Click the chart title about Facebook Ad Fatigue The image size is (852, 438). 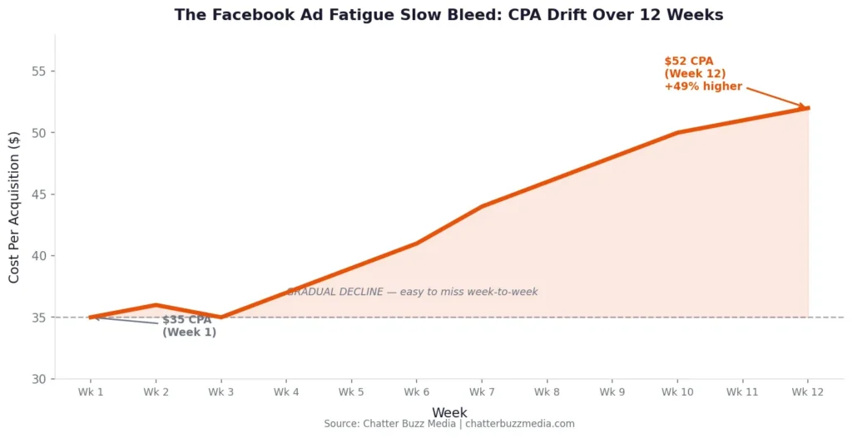[448, 15]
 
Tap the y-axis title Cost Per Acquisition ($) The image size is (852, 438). [14, 207]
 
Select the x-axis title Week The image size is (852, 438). [449, 412]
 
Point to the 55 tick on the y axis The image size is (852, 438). [38, 71]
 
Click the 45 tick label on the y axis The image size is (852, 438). [38, 194]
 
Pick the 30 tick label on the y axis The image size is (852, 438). [38, 379]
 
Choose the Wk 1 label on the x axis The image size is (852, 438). [90, 392]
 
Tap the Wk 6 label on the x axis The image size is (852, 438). [416, 392]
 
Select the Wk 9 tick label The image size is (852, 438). [612, 392]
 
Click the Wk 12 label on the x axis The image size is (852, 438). [807, 392]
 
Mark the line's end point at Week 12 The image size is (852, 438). [807, 108]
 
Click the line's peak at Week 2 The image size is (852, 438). [156, 305]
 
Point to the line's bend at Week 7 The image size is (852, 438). [482, 206]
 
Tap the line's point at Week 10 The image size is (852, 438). [677, 132]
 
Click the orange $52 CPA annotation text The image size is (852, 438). [703, 74]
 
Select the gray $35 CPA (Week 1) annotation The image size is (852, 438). [189, 326]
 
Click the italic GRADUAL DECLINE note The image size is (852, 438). [413, 292]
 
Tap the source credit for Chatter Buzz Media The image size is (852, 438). [449, 424]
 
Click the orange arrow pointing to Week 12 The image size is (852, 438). [775, 96]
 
